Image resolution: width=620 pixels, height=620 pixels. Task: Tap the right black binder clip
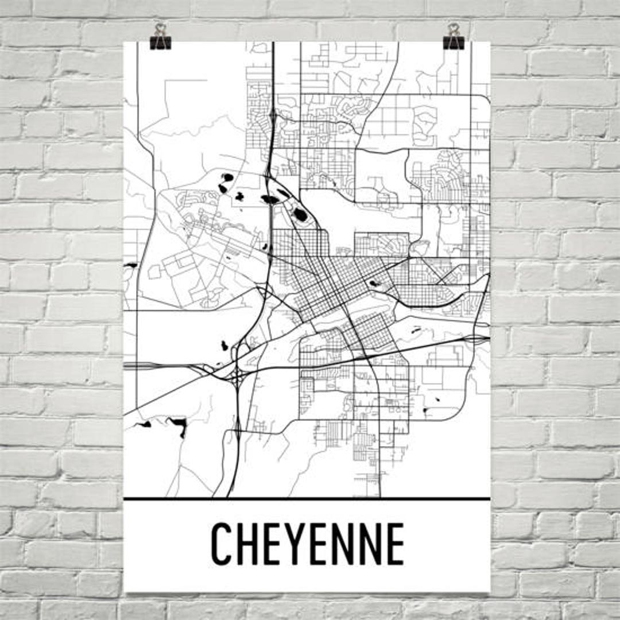tap(454, 37)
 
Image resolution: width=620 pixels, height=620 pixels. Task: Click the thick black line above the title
tap(307, 499)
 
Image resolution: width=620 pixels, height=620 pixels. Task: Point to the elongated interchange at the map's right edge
tap(476, 338)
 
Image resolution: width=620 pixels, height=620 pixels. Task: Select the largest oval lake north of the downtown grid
tap(300, 216)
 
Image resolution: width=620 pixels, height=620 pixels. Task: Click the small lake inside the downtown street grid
tap(374, 283)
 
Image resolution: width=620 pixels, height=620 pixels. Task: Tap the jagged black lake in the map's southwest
tap(178, 425)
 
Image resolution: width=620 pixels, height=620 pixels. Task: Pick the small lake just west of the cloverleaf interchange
tap(224, 346)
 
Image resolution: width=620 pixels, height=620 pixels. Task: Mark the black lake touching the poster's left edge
tap(130, 265)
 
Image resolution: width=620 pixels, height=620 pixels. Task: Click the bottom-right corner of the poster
tap(490, 591)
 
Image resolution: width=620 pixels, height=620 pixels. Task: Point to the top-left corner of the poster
tap(125, 42)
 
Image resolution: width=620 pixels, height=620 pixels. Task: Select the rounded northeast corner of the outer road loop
tap(484, 101)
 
